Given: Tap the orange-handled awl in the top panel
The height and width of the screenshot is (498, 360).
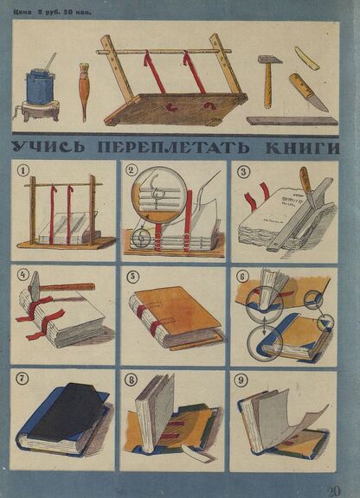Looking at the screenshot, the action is click(84, 92).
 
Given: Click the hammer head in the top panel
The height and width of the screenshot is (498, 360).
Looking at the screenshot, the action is click(267, 59).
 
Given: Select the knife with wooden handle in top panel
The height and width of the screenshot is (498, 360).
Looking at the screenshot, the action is click(309, 93).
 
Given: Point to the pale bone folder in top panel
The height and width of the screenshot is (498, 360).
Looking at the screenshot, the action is click(307, 58).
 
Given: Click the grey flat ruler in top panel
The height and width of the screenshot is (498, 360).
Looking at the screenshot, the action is click(292, 121).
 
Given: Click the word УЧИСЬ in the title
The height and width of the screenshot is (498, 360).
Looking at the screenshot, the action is click(49, 147).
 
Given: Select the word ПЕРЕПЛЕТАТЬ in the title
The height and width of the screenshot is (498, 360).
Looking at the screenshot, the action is click(174, 148).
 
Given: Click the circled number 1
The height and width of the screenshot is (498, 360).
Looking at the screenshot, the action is click(22, 171).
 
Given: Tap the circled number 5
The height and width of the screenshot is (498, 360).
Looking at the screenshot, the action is click(132, 277).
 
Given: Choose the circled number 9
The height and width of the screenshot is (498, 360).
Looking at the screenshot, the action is click(241, 380).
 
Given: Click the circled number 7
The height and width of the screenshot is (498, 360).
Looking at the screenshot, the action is click(23, 379).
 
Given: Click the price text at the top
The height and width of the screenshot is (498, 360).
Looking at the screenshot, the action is click(53, 13).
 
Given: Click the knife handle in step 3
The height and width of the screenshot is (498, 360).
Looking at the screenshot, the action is click(305, 180).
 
